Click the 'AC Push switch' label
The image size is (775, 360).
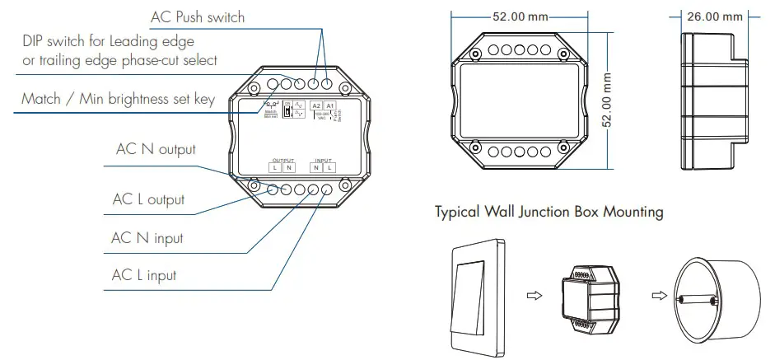pos(198,16)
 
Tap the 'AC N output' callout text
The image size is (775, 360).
pos(156,149)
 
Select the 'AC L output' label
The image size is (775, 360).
pos(148,199)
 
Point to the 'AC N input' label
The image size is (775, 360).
pos(147,238)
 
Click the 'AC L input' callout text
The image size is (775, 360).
pos(144,274)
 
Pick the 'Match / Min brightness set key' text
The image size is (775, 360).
pos(118,99)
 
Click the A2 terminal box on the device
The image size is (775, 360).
pos(316,107)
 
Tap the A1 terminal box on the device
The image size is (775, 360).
pos(329,107)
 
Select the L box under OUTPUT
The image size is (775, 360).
pos(275,167)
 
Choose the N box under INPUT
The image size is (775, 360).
pos(315,167)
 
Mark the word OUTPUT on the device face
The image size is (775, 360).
pos(282,160)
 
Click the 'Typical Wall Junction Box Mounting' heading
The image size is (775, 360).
pos(549,212)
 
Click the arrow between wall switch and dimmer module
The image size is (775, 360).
pos(534,294)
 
